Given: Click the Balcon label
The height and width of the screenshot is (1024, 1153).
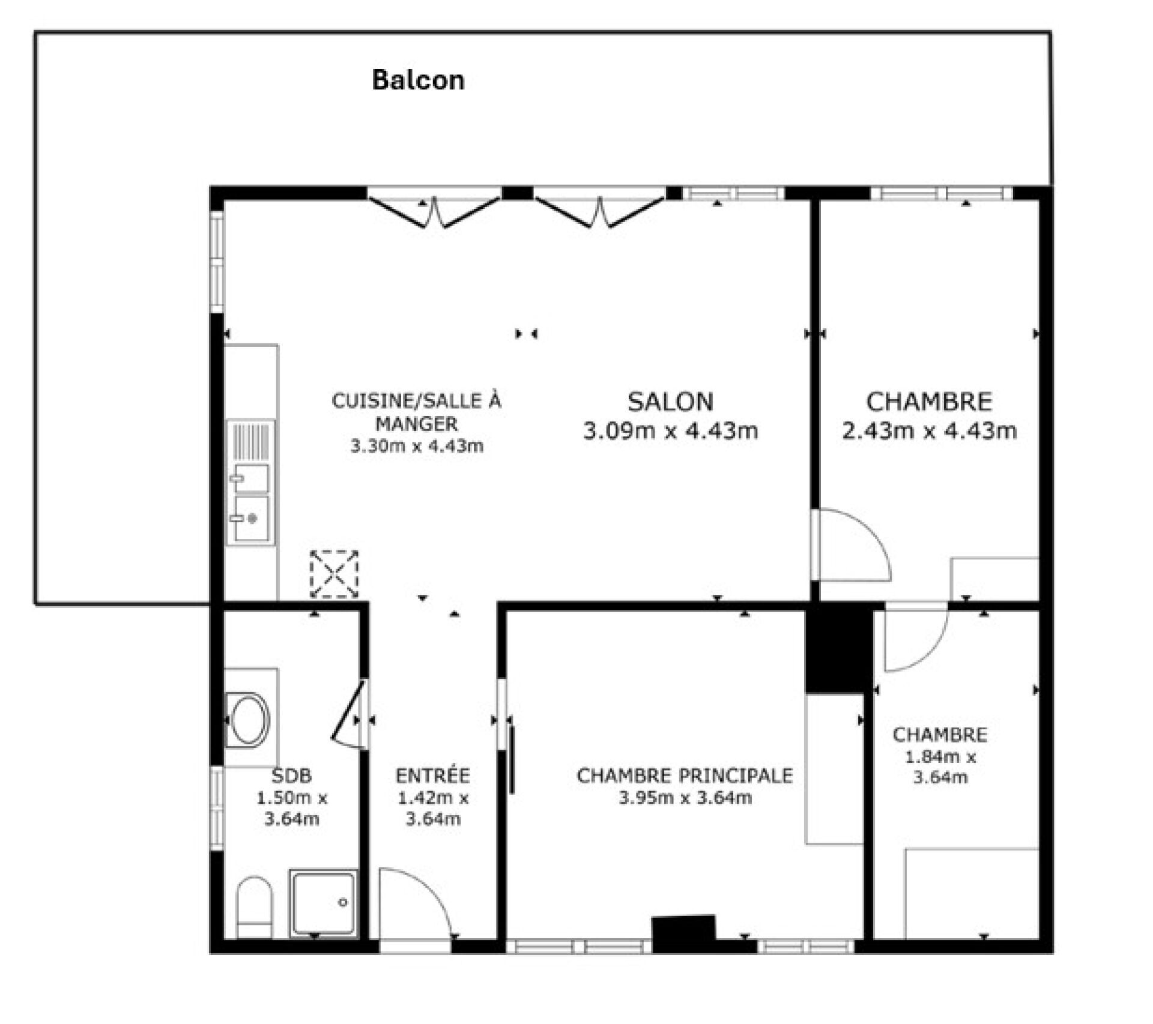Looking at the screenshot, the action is [418, 80].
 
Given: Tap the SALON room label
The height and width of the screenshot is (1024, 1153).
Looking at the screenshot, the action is [670, 402].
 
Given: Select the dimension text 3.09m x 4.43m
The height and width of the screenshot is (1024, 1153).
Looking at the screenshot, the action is [670, 430].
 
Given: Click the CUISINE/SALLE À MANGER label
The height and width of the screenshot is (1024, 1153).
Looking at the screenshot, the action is [416, 412].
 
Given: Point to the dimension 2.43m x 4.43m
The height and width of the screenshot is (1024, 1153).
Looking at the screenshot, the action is [929, 430].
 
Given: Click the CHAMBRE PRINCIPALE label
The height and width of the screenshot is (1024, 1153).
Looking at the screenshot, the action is [685, 776].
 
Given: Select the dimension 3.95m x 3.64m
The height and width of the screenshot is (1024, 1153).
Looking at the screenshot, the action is [685, 798].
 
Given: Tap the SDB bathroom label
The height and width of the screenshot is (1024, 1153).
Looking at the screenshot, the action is [292, 776].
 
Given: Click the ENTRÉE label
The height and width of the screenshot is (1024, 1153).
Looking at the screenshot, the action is [432, 776].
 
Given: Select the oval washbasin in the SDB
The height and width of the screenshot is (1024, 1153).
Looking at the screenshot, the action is [248, 720].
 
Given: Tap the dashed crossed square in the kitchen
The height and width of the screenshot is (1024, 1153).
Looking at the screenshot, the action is [334, 574].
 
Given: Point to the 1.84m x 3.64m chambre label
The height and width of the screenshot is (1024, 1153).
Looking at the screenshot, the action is [940, 756].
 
